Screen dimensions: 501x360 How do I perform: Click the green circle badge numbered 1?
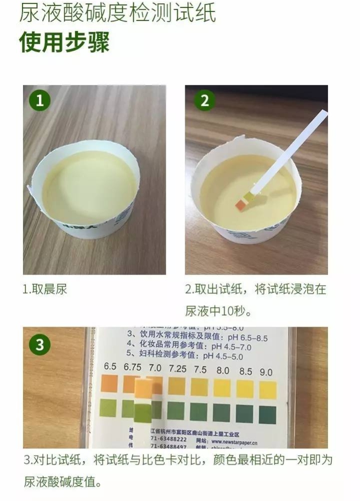click(40, 100)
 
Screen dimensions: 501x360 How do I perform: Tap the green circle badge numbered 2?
click(204, 100)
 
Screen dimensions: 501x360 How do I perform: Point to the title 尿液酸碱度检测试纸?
click(118, 13)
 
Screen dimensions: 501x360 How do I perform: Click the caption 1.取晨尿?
click(45, 290)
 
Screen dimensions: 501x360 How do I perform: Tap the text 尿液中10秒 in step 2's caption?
click(218, 311)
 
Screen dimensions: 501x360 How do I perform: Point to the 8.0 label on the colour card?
click(223, 371)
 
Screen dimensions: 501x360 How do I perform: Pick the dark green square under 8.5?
click(245, 413)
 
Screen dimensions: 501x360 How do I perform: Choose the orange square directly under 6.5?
click(109, 384)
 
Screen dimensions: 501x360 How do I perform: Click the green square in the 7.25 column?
click(176, 411)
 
